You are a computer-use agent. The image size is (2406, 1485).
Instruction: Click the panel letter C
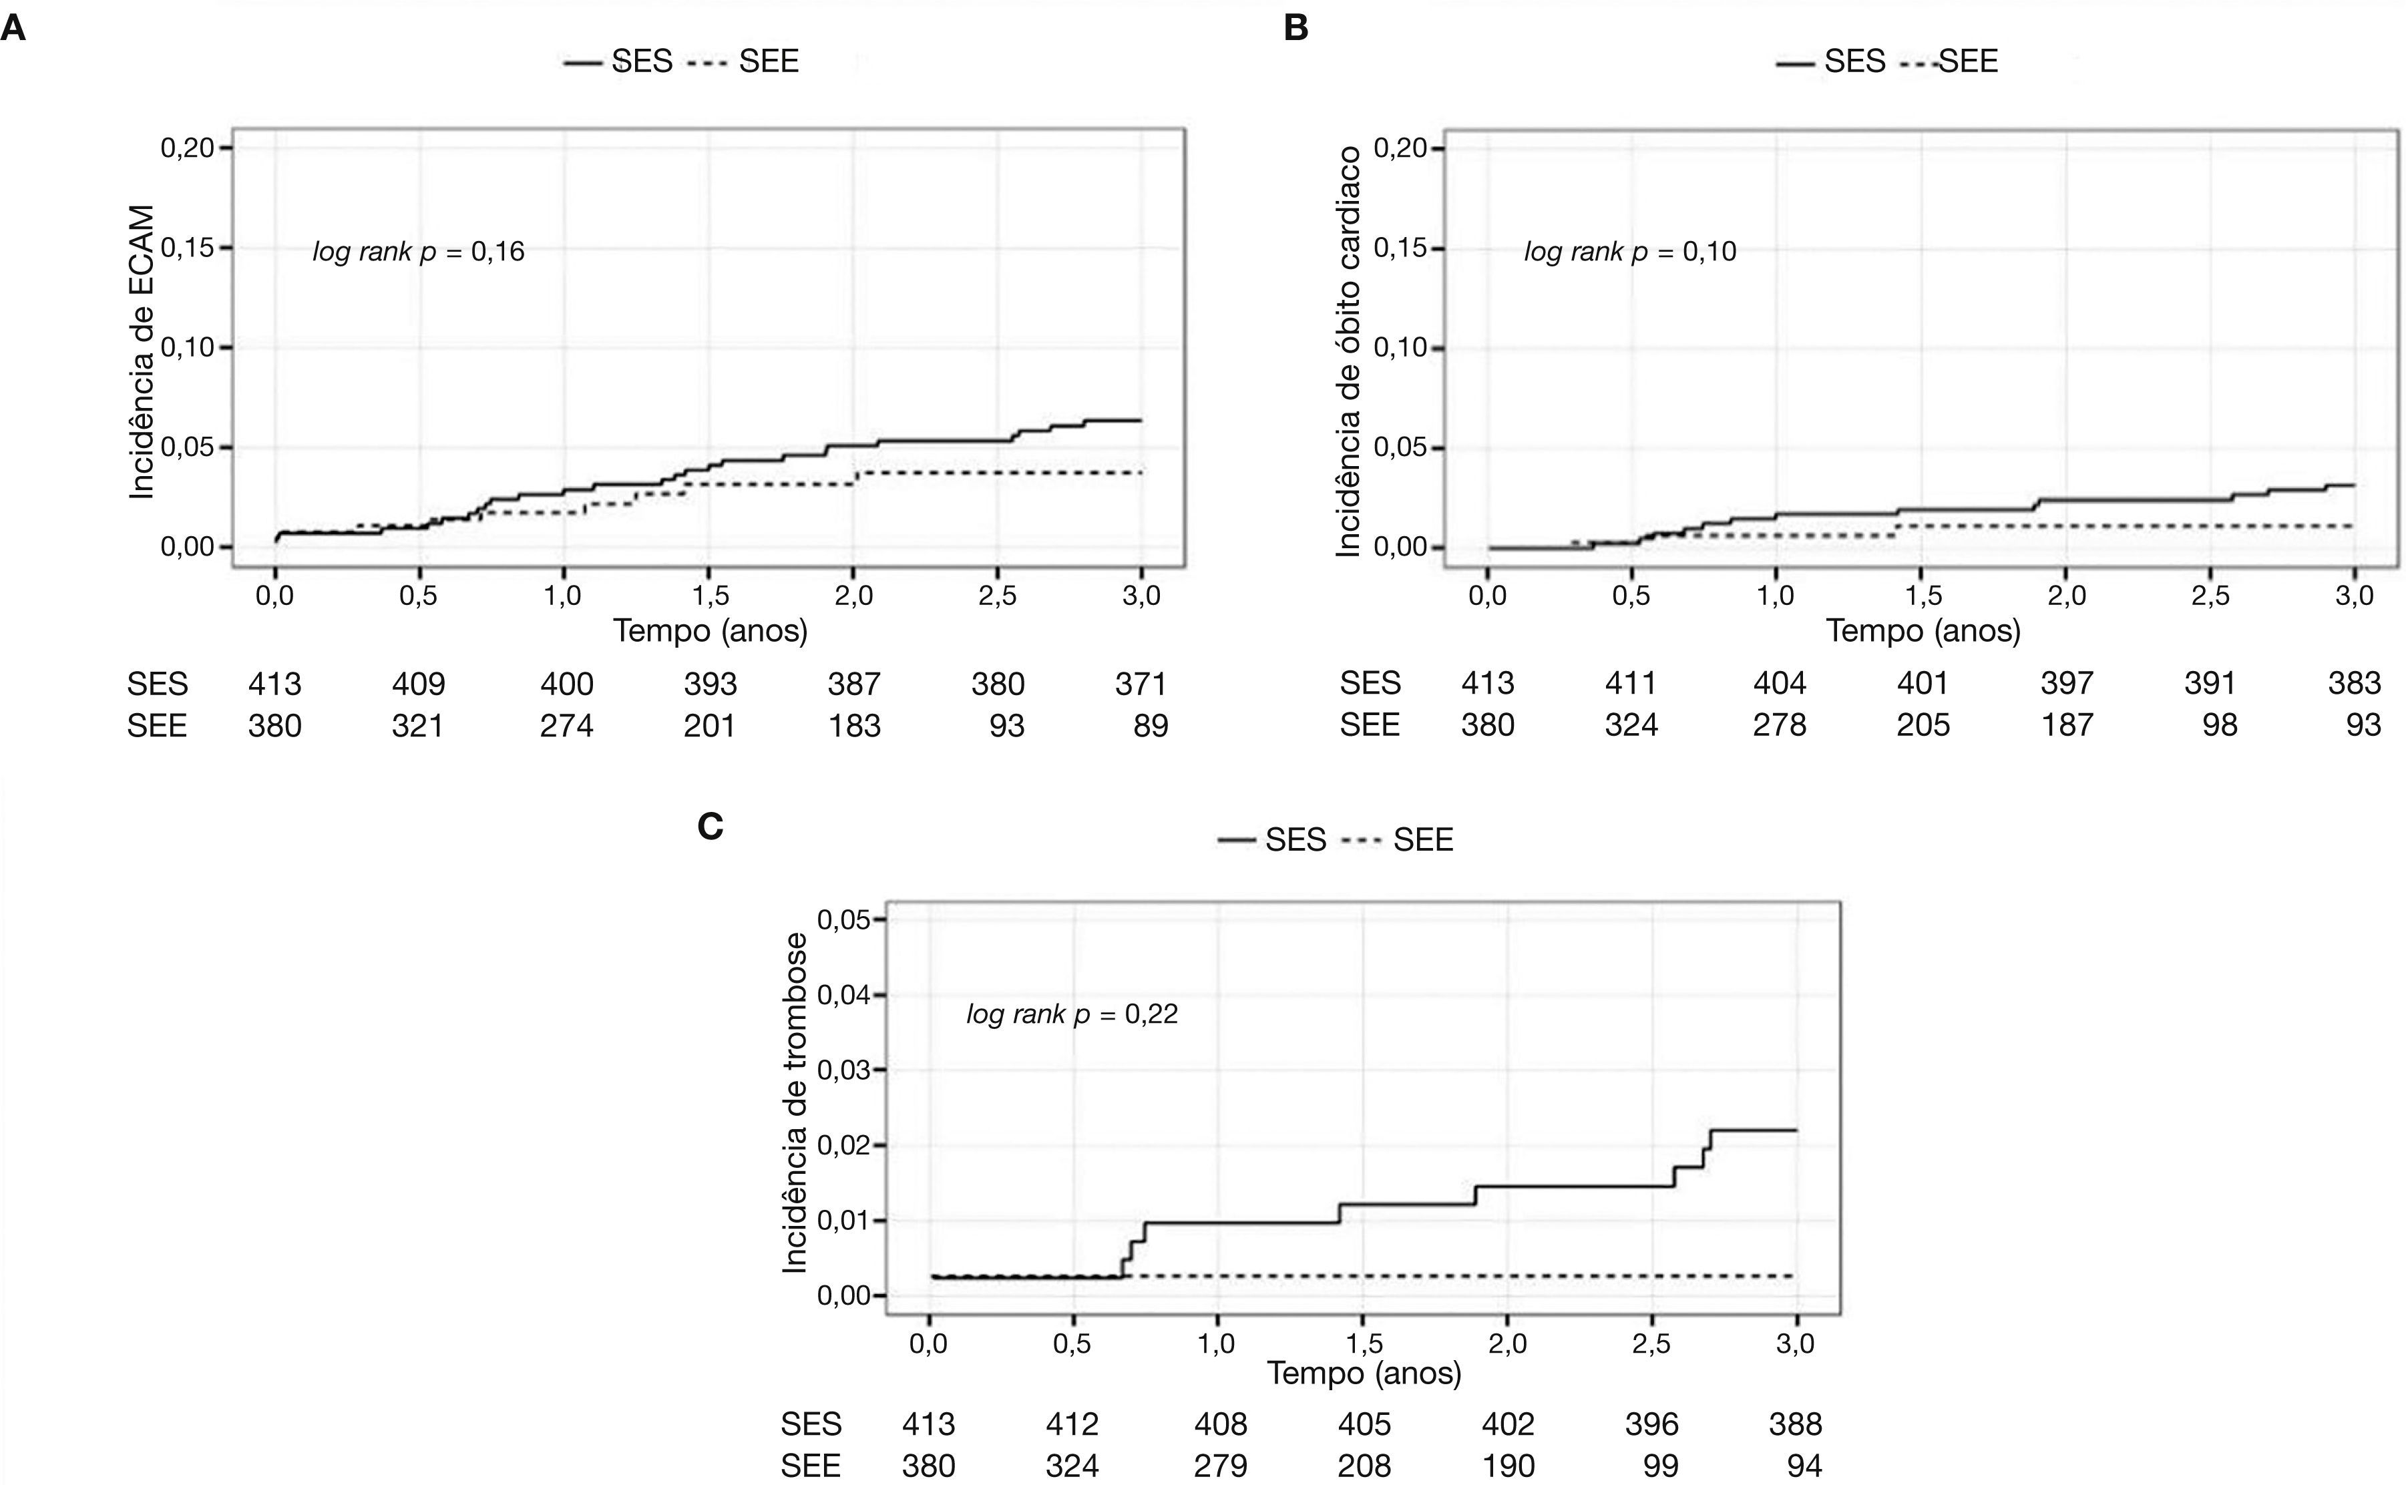click(x=709, y=827)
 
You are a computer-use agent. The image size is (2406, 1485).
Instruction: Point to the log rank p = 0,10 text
click(x=1630, y=252)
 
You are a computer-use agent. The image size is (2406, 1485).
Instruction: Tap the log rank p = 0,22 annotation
click(x=1072, y=1014)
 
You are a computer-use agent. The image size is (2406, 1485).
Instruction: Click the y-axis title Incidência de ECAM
click(x=142, y=352)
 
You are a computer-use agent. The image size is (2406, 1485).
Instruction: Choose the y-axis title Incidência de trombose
click(x=795, y=1103)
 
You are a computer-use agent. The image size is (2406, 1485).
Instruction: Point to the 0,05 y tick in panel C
click(x=843, y=919)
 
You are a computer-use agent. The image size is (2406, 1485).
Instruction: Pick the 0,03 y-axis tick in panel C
click(x=843, y=1070)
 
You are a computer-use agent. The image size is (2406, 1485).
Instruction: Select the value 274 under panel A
click(x=567, y=726)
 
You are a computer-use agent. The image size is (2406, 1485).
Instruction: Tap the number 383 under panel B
click(x=2353, y=682)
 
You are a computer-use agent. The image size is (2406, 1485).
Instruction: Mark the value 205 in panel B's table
click(x=1922, y=725)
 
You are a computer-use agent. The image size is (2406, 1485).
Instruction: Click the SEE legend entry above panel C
click(x=1422, y=840)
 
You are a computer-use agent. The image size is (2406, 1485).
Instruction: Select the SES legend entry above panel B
click(x=1854, y=61)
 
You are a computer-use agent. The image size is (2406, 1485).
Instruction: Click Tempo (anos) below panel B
click(x=1922, y=630)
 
